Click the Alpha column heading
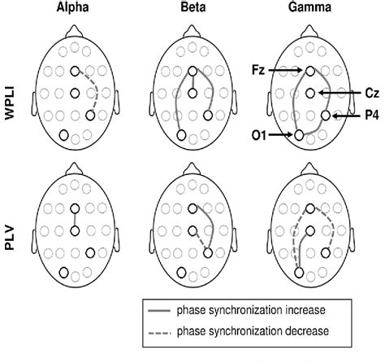pos(76,7)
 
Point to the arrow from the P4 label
pos(344,117)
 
